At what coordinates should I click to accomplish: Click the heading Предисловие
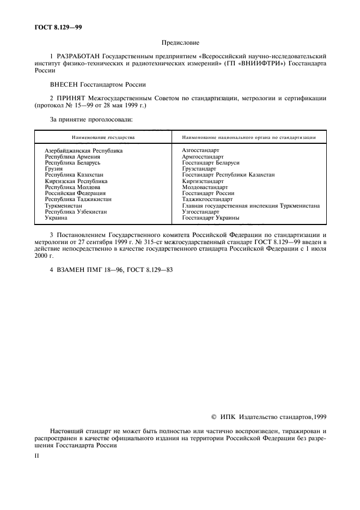(x=180, y=42)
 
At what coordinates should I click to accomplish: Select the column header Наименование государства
(x=103, y=138)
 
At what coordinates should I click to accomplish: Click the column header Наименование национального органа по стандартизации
(x=249, y=138)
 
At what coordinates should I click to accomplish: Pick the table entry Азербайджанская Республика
(x=83, y=150)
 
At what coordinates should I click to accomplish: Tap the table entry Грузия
(x=54, y=169)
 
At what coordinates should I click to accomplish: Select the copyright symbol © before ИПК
(x=213, y=416)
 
